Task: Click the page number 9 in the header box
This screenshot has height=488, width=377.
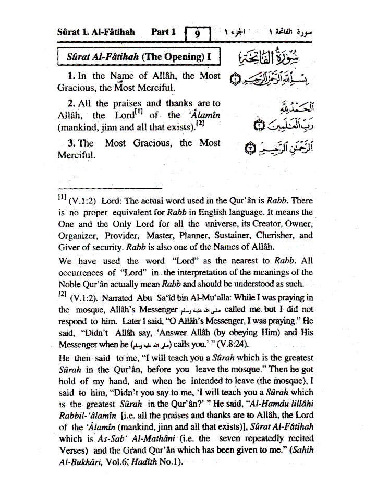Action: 198,35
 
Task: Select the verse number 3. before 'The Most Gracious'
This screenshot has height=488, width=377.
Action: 72,143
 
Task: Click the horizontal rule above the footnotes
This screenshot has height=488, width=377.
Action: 110,187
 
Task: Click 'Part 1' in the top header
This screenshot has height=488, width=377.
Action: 163,32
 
